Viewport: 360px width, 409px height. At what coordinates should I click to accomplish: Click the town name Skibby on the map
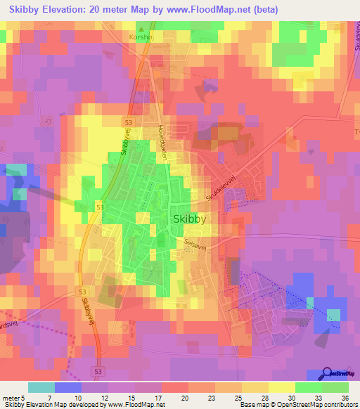click(189, 219)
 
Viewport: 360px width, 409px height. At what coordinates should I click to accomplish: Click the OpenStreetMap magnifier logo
click(328, 373)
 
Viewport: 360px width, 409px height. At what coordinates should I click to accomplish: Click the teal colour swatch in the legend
click(41, 387)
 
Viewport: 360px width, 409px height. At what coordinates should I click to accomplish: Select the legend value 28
click(246, 397)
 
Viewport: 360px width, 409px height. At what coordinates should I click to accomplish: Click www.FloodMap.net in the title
click(210, 10)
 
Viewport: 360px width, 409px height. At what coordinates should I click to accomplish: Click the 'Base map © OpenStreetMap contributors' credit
click(298, 405)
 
